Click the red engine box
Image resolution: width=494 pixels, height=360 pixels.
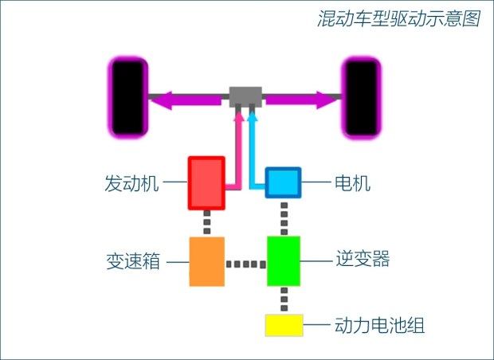point(206,183)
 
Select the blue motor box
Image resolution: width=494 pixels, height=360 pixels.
point(283,183)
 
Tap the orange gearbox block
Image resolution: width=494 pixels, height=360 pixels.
point(206,261)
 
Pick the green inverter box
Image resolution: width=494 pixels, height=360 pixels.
point(283,261)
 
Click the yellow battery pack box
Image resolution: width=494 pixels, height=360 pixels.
point(284,325)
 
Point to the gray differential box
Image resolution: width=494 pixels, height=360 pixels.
point(245,97)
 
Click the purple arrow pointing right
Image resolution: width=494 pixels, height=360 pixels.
point(303,100)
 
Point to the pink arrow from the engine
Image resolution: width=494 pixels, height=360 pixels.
point(237,151)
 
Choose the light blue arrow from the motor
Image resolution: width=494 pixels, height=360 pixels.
point(254,151)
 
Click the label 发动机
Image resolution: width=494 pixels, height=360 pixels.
point(131,184)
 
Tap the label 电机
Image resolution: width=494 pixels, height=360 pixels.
point(354,184)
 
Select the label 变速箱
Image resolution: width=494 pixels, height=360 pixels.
point(131,262)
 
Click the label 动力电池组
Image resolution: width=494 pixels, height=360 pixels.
point(379,326)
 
